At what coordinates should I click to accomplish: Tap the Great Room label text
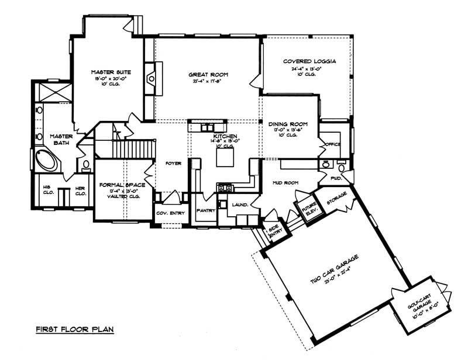click(208, 75)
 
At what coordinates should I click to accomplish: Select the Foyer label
click(173, 164)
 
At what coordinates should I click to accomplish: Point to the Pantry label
click(205, 210)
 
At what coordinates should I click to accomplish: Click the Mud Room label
click(286, 183)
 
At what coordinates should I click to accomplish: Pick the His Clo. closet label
click(49, 191)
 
